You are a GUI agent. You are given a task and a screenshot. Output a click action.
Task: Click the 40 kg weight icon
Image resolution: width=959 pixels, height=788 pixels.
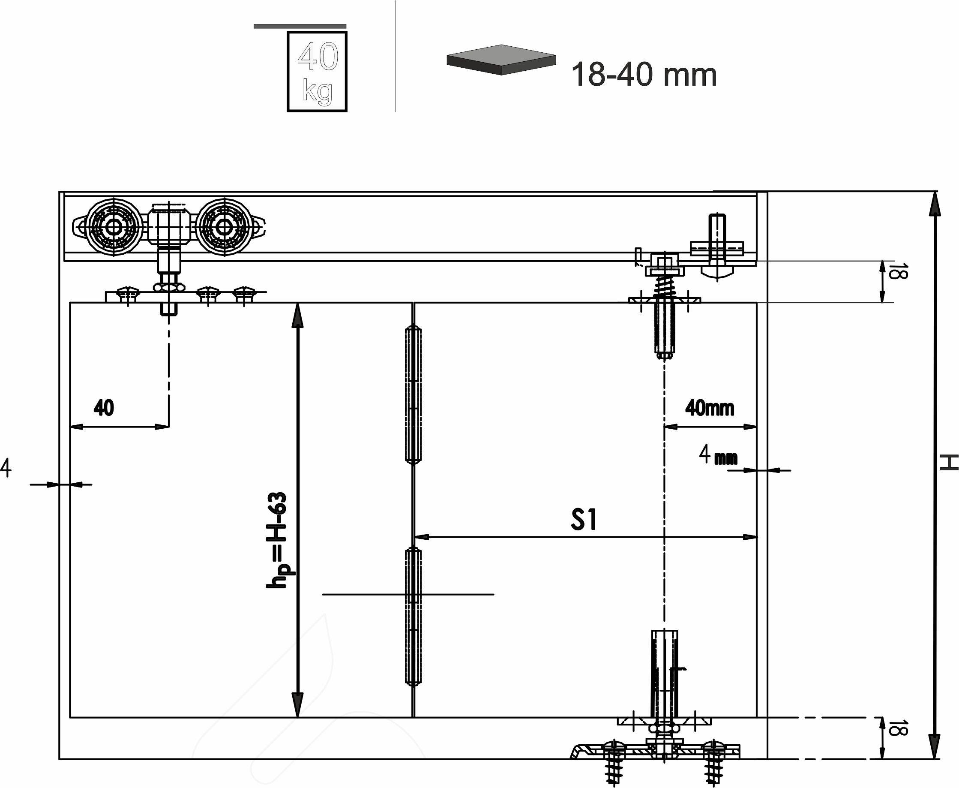click(317, 72)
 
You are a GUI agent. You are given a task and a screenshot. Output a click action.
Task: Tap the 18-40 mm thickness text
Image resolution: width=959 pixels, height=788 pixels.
click(644, 75)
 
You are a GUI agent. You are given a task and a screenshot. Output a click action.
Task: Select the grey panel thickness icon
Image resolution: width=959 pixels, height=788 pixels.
click(501, 60)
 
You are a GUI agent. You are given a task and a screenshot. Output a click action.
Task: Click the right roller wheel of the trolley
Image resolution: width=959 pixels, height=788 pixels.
click(223, 226)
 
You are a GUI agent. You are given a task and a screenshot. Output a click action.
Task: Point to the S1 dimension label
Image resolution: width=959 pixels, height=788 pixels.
click(584, 520)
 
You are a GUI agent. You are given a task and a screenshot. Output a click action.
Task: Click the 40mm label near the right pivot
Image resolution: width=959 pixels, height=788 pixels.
click(710, 408)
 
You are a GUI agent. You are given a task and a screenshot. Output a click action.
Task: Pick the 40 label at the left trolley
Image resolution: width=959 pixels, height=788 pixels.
click(104, 408)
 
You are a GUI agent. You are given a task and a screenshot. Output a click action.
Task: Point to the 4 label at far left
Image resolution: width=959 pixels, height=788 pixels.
click(6, 468)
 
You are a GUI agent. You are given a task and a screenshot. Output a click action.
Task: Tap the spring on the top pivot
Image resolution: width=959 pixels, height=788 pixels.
click(663, 286)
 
